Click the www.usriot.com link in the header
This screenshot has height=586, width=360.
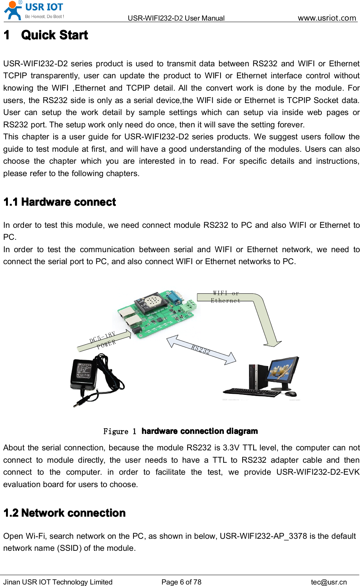(x=327, y=18)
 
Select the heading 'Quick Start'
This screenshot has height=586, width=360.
(x=54, y=35)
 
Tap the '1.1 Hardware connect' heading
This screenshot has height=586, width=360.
(x=60, y=202)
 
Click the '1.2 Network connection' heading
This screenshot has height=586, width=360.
(x=64, y=513)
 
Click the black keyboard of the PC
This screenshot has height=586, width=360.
(x=251, y=392)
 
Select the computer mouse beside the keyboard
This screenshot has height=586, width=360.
(x=291, y=394)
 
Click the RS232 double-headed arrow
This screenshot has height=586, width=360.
(x=201, y=350)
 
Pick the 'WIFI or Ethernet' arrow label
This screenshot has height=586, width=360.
(x=225, y=297)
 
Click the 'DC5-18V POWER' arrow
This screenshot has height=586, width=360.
(x=103, y=340)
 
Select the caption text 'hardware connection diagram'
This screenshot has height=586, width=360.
(x=199, y=431)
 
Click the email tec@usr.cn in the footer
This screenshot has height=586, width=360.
(x=328, y=582)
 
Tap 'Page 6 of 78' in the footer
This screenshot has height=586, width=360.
(x=181, y=582)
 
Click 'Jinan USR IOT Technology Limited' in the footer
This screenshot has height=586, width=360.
(x=58, y=582)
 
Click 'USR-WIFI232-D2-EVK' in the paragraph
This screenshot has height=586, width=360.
(x=318, y=472)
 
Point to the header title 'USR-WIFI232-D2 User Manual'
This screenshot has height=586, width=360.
(x=176, y=18)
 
